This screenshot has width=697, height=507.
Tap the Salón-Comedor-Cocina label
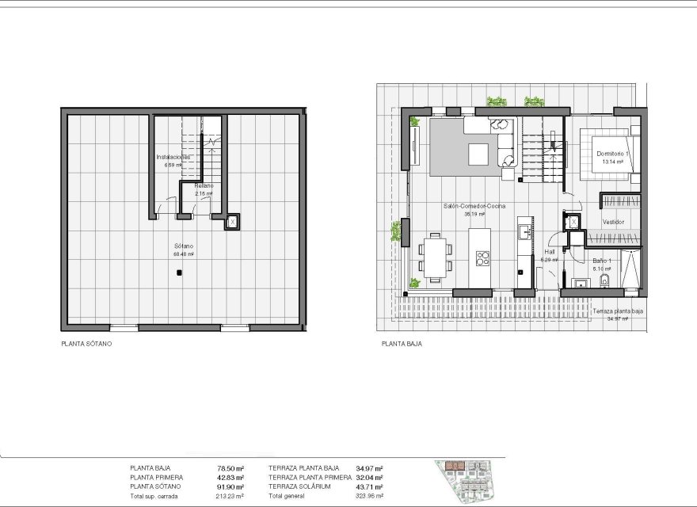[474, 205]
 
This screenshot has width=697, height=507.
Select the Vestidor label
[613, 222]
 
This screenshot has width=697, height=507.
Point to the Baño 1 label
[602, 261]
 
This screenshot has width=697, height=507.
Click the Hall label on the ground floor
[549, 252]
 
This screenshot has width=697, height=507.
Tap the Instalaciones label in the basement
[173, 157]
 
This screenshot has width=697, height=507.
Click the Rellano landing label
[204, 185]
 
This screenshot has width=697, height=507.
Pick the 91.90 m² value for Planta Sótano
[230, 486]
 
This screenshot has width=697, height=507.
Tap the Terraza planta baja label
[618, 312]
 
